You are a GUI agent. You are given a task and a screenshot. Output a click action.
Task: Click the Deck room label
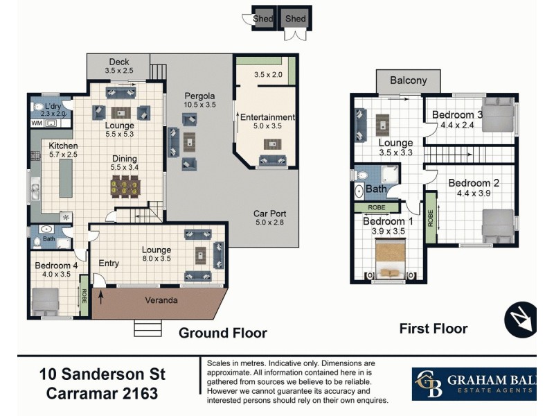[118, 62]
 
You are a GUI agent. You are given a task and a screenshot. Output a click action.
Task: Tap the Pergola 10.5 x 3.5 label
[199, 100]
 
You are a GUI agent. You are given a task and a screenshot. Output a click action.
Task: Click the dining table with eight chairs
[124, 186]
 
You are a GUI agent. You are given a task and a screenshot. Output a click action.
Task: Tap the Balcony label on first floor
[408, 80]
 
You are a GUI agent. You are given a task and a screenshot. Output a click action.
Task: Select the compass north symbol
[520, 319]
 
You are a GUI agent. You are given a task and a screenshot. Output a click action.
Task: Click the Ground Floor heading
[222, 333]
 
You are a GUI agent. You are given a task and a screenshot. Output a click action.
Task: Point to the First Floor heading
[434, 329]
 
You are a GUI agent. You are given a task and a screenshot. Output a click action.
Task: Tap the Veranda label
[160, 301]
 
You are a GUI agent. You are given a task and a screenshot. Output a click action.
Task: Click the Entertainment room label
[267, 117]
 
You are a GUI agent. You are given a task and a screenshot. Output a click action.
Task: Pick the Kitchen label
[63, 146]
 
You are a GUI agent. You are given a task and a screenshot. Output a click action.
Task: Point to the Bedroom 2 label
[473, 184]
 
